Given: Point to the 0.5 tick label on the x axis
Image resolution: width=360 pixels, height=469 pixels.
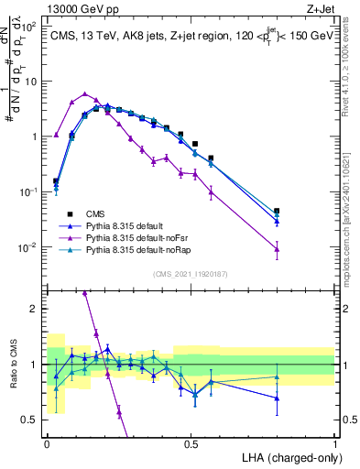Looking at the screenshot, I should (191, 442).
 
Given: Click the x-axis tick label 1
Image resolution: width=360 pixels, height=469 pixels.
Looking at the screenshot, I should (335, 442).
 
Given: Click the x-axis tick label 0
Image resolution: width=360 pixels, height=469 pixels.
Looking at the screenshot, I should (47, 442).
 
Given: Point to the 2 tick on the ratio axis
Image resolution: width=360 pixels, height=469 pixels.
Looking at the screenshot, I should (34, 309).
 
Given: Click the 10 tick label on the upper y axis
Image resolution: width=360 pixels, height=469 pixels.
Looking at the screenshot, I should (29, 81).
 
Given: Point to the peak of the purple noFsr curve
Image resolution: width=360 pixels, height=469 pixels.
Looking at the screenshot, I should (85, 93).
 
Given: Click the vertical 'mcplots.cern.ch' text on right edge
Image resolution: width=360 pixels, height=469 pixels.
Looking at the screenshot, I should (352, 220).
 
